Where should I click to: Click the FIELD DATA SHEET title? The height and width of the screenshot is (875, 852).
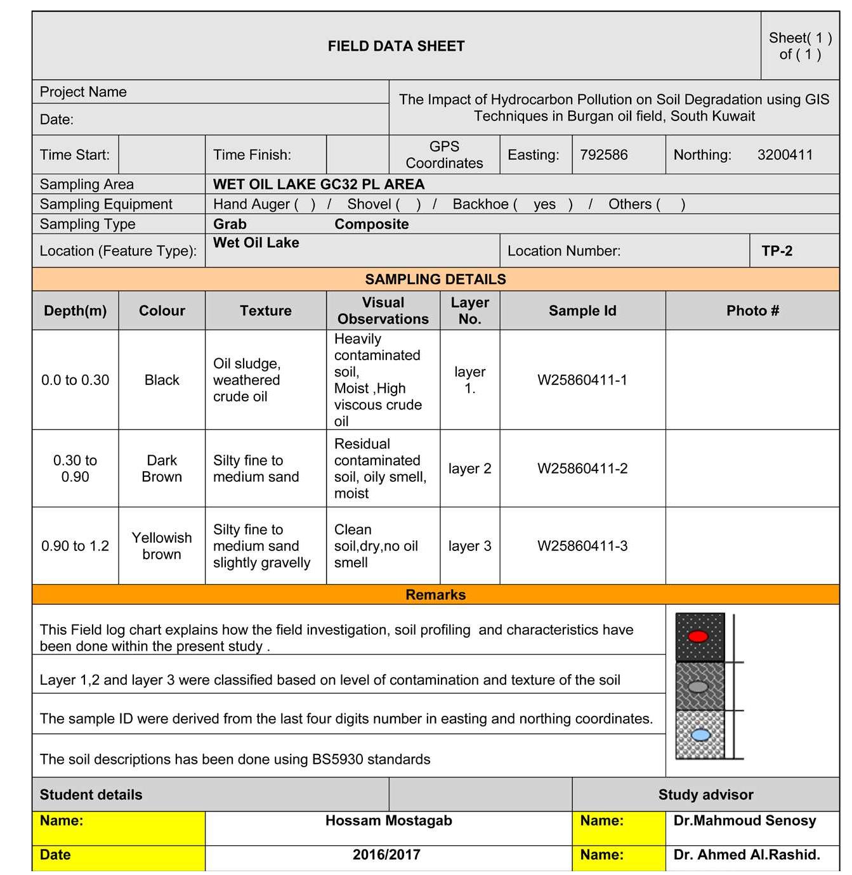396,46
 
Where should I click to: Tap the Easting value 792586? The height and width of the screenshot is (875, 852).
603,155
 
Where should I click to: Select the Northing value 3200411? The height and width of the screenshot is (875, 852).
785,155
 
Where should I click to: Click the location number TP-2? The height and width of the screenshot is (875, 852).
777,251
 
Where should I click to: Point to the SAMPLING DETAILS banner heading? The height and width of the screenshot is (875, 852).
435,280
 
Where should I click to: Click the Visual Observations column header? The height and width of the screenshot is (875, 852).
383,311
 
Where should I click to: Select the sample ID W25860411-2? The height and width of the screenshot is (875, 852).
582,469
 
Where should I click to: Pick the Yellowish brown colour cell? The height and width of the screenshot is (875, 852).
162,546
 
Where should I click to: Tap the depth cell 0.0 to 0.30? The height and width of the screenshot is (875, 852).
75,380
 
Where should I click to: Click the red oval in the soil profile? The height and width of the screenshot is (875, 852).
698,637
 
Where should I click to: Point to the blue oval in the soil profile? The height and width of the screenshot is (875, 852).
700,735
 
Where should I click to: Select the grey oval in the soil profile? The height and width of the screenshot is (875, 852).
698,687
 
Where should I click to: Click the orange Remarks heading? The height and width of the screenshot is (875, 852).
435,595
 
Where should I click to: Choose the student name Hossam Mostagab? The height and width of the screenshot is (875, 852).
388,821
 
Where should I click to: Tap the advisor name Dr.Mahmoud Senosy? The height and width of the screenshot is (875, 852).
744,821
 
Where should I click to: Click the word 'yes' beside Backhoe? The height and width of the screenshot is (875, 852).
544,204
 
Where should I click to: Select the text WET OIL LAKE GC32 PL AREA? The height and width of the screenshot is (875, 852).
318,185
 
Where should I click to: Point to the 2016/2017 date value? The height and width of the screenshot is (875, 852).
386,855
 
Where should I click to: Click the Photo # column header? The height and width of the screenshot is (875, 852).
752,311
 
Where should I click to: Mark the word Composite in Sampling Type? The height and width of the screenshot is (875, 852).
371,224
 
